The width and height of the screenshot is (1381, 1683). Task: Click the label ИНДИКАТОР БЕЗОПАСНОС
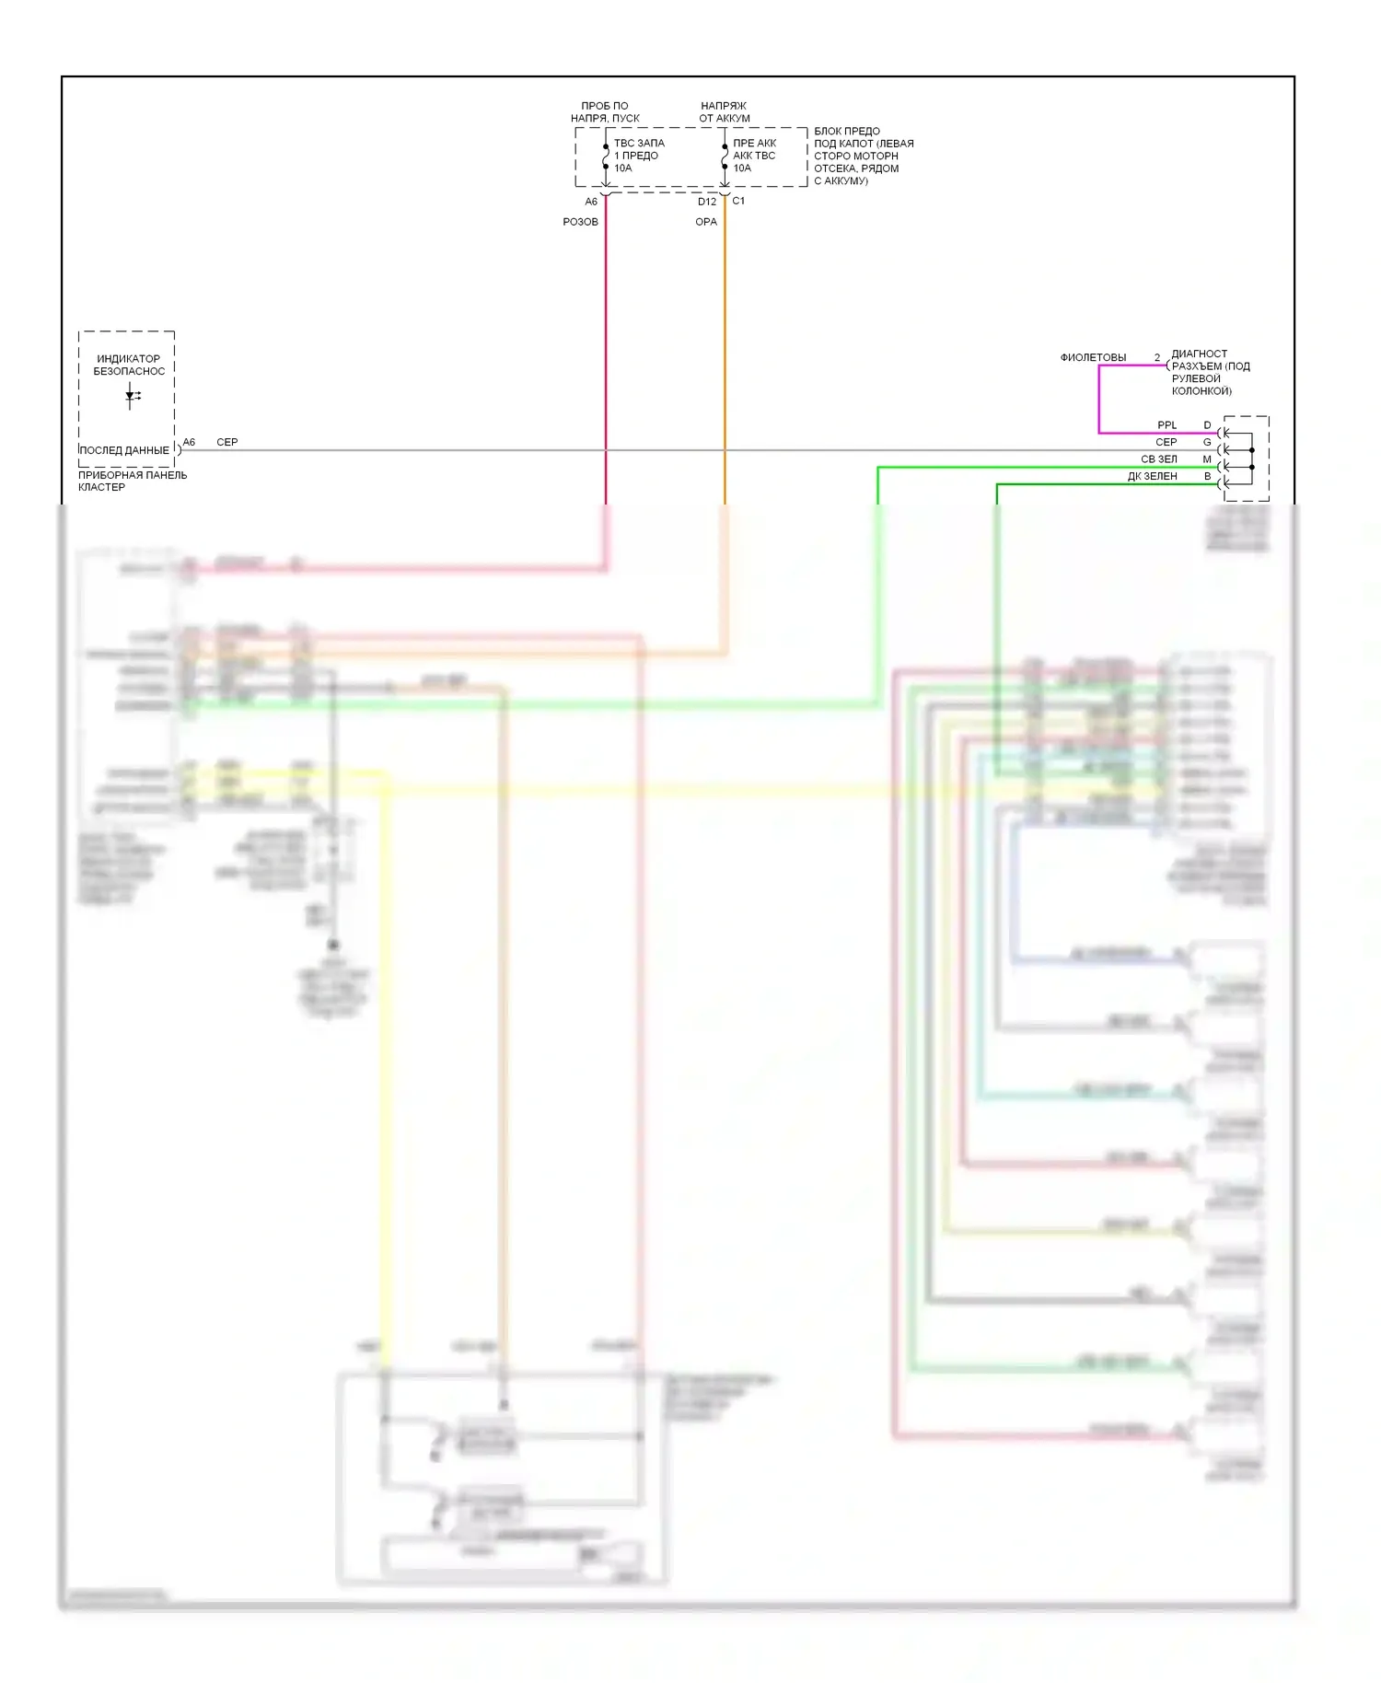point(129,365)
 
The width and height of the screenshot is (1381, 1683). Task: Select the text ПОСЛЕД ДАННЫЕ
point(124,450)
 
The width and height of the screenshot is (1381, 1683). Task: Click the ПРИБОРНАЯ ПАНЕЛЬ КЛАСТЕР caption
point(132,481)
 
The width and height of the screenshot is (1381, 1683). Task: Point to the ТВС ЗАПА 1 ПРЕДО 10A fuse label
point(639,156)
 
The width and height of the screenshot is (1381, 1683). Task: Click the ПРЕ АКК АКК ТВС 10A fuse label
point(754,156)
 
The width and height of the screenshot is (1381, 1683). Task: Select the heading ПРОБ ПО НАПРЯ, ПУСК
point(605,111)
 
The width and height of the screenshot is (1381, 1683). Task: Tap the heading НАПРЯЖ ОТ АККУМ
point(724,111)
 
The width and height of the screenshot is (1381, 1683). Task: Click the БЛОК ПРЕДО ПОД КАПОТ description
point(863,156)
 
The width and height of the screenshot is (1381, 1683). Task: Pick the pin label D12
point(706,202)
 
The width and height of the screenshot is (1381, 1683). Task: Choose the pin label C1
point(738,201)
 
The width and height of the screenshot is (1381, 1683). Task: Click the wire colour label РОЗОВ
point(580,222)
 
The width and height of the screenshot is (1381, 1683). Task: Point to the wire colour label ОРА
point(705,222)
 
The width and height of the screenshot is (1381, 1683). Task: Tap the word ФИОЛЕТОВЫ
point(1093,357)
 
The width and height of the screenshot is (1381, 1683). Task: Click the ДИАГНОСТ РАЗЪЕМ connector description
point(1210,372)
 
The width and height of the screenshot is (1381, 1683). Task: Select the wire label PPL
point(1166,425)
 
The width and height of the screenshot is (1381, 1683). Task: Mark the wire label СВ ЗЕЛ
point(1158,459)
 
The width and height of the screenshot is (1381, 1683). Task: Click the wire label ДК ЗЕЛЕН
point(1152,477)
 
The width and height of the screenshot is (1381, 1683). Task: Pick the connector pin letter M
point(1207,459)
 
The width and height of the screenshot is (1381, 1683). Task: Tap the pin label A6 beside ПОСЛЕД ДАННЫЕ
point(189,442)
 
